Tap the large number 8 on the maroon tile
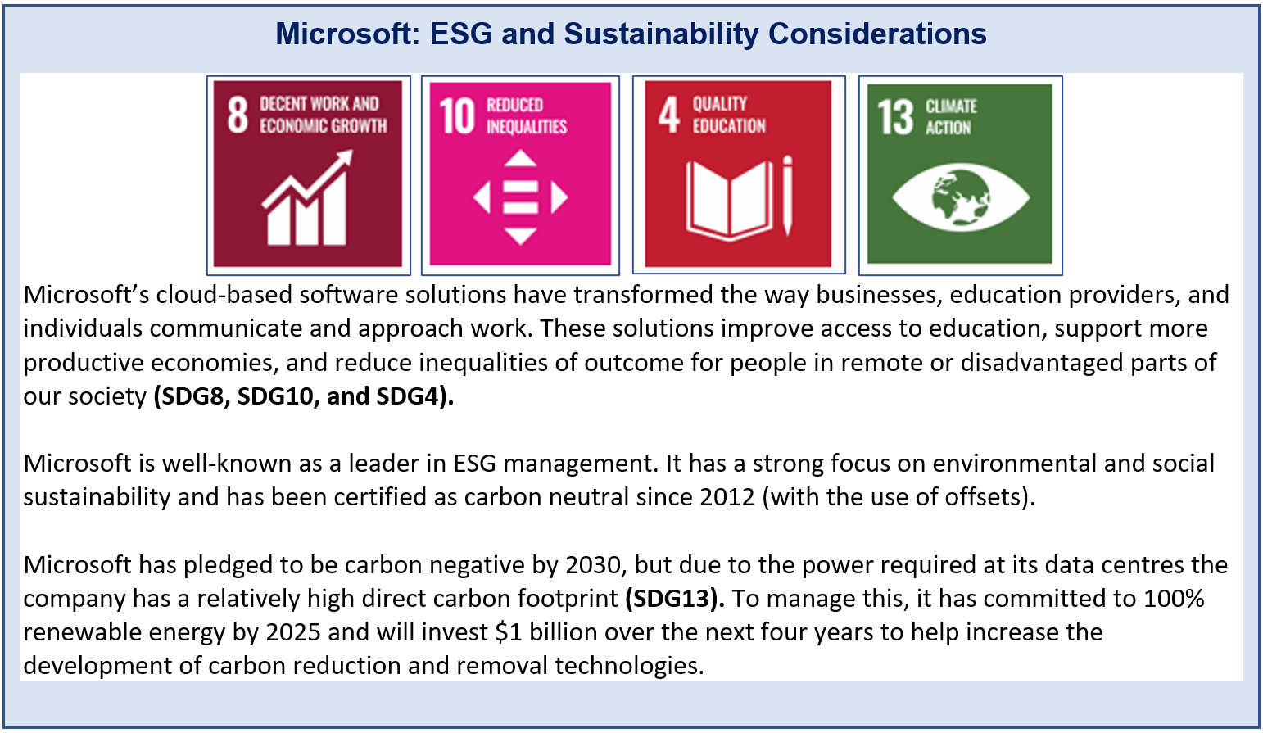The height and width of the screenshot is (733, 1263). pyautogui.click(x=238, y=115)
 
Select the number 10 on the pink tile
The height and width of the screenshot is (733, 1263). pyautogui.click(x=457, y=116)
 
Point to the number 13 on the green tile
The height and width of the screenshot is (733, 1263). pyautogui.click(x=894, y=117)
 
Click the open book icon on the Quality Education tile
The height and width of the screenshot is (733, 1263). pyautogui.click(x=729, y=200)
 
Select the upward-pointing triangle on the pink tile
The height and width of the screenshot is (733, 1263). pyautogui.click(x=520, y=158)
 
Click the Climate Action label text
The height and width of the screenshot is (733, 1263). pyautogui.click(x=951, y=117)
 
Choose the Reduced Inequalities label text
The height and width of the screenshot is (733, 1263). pyautogui.click(x=527, y=115)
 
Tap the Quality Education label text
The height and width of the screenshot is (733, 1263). pyautogui.click(x=729, y=115)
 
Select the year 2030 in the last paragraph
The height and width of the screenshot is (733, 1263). pyautogui.click(x=593, y=564)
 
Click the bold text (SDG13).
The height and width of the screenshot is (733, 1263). pyautogui.click(x=675, y=598)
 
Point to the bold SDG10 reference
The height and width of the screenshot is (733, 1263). pyautogui.click(x=275, y=396)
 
